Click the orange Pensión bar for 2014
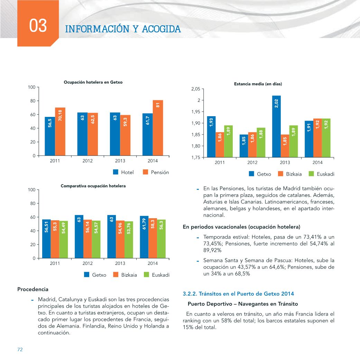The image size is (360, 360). (158, 128)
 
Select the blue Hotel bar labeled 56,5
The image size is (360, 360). (50, 136)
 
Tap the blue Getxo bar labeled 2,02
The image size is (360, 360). (276, 127)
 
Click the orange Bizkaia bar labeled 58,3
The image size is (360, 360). (153, 238)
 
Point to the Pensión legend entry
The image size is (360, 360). (156, 172)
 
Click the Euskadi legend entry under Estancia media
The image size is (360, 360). (321, 174)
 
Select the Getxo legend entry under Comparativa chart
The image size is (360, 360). (95, 275)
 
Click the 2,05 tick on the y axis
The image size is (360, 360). (196, 89)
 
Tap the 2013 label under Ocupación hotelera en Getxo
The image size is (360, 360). (120, 161)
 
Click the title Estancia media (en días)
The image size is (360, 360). (258, 84)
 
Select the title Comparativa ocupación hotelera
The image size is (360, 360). (93, 186)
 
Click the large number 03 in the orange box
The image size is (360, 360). (38, 25)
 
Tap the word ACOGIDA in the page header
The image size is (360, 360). (161, 29)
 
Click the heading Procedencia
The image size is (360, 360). (33, 289)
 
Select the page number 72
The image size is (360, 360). (20, 349)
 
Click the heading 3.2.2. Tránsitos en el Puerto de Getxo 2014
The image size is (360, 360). (238, 294)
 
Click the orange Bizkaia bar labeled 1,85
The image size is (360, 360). (285, 146)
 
